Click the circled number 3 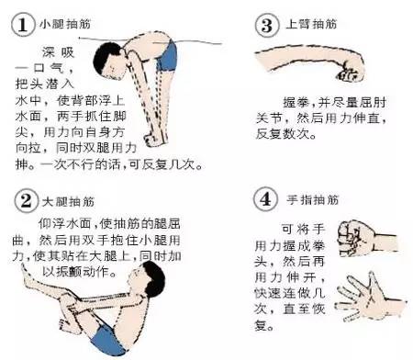(264, 24)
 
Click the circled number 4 (264, 198)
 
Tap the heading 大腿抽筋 (61, 200)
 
